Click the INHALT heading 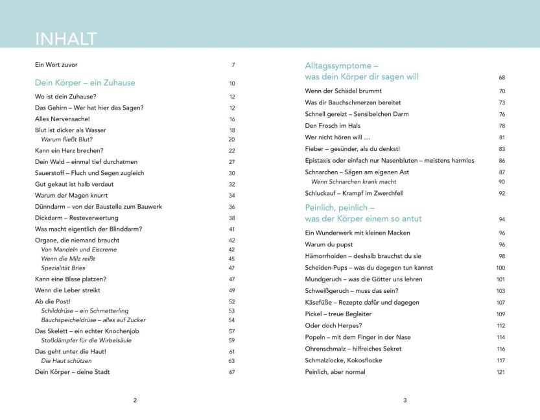click(x=66, y=38)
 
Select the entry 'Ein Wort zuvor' click(x=56, y=65)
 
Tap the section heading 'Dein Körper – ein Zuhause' click(x=85, y=83)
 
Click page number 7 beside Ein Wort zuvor click(x=233, y=65)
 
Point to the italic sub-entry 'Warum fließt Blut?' click(x=67, y=139)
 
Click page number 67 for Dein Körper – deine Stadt click(x=231, y=372)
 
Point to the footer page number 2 click(x=135, y=400)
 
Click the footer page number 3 click(x=405, y=400)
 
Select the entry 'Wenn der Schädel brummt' click(x=343, y=91)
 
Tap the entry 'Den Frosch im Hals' click(x=333, y=126)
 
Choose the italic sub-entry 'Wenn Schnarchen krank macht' click(x=355, y=181)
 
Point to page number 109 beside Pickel click(x=501, y=314)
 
